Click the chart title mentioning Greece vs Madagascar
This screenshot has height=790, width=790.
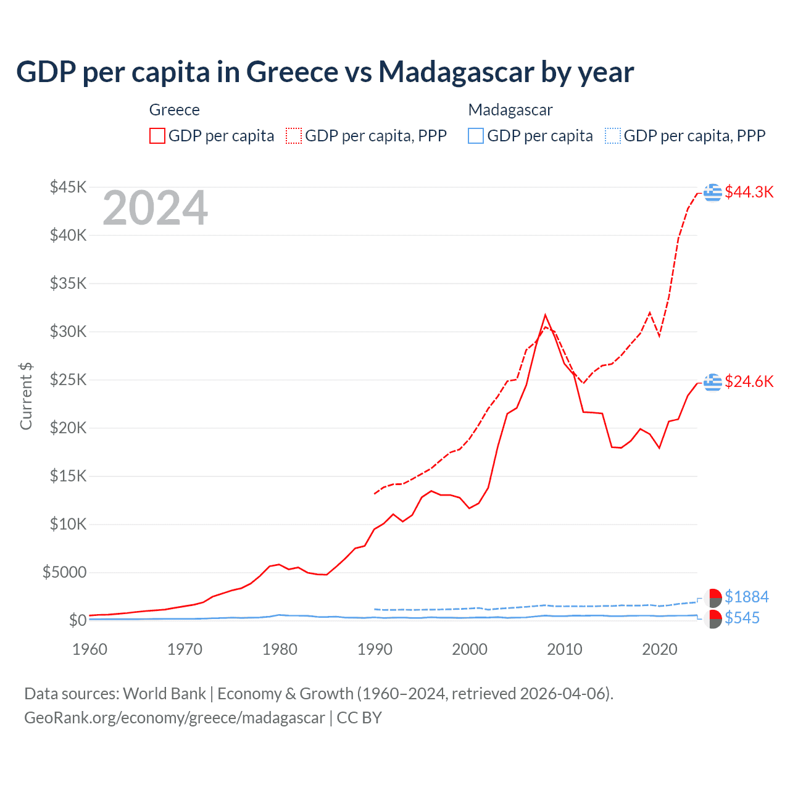coord(325,72)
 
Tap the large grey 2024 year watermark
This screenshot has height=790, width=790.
coord(155,209)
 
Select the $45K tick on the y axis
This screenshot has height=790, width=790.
coord(68,187)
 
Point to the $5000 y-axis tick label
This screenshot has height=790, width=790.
coord(64,573)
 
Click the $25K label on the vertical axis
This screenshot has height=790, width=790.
coord(68,380)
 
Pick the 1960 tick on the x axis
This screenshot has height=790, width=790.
coord(90,649)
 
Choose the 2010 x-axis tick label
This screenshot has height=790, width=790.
coord(565,649)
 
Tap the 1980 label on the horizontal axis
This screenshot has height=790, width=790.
coord(280,649)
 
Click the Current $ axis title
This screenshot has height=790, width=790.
coord(26,396)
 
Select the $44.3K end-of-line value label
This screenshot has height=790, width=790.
coord(749,192)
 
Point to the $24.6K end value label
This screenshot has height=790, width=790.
coord(749,381)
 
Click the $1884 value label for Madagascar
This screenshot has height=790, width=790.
coord(746,597)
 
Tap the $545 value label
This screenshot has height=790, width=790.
coord(742,618)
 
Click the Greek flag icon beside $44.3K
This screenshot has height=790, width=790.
coord(713,193)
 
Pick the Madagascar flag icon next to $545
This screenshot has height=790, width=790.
coord(713,619)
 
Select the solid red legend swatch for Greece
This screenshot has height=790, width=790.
coord(157,136)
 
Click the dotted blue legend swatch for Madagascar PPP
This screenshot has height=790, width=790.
coord(613,136)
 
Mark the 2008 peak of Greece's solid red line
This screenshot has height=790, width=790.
coord(545,315)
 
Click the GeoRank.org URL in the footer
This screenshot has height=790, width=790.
coord(175,718)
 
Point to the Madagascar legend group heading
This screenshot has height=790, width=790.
coord(510,110)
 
